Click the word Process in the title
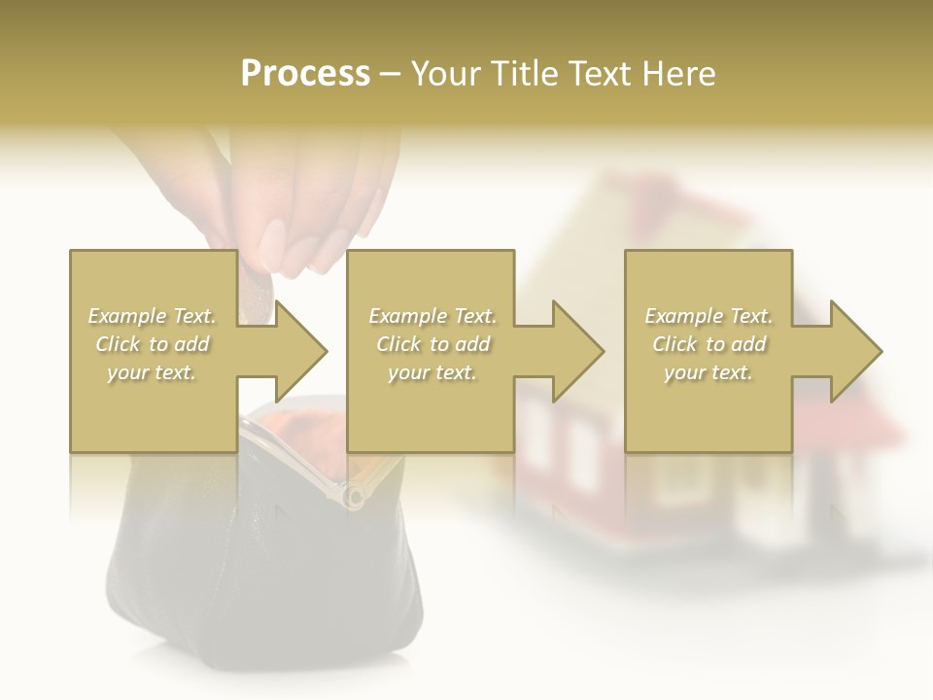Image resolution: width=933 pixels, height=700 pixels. [x=305, y=74]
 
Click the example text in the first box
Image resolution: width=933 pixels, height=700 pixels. [x=152, y=344]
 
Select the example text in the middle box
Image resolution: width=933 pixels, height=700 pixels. [x=432, y=344]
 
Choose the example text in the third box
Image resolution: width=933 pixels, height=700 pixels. [x=708, y=344]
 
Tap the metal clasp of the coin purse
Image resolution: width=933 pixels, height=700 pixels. [x=354, y=497]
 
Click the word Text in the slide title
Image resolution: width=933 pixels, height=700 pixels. [x=596, y=74]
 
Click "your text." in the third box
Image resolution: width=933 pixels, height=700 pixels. [x=708, y=372]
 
